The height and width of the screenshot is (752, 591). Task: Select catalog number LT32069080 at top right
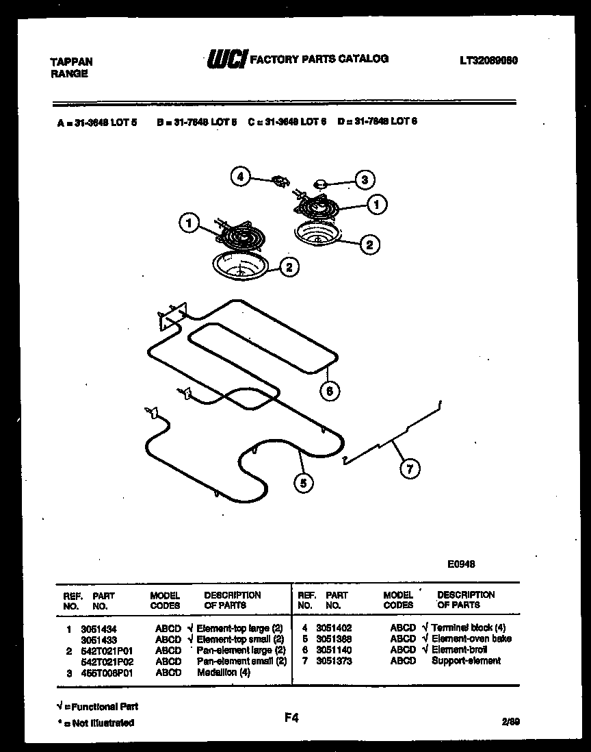point(488,60)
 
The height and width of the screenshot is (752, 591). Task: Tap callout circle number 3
point(364,180)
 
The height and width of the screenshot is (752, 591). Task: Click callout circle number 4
point(239,176)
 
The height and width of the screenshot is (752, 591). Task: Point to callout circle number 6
point(330,390)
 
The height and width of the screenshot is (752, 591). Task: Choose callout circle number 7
point(410,468)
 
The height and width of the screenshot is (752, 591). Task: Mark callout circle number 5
point(304,482)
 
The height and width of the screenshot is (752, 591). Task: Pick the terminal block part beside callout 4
point(279,181)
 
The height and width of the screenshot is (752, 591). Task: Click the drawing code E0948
point(461,564)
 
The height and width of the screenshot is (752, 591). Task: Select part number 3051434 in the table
point(94,628)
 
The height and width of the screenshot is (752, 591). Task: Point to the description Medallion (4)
point(224,673)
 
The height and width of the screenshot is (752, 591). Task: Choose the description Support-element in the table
point(466,661)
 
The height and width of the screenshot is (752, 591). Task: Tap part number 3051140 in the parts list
point(334,650)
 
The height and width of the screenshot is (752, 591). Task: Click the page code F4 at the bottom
point(291,718)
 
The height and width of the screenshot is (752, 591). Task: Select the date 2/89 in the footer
point(510,721)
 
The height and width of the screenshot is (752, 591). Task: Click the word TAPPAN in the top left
point(72,62)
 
